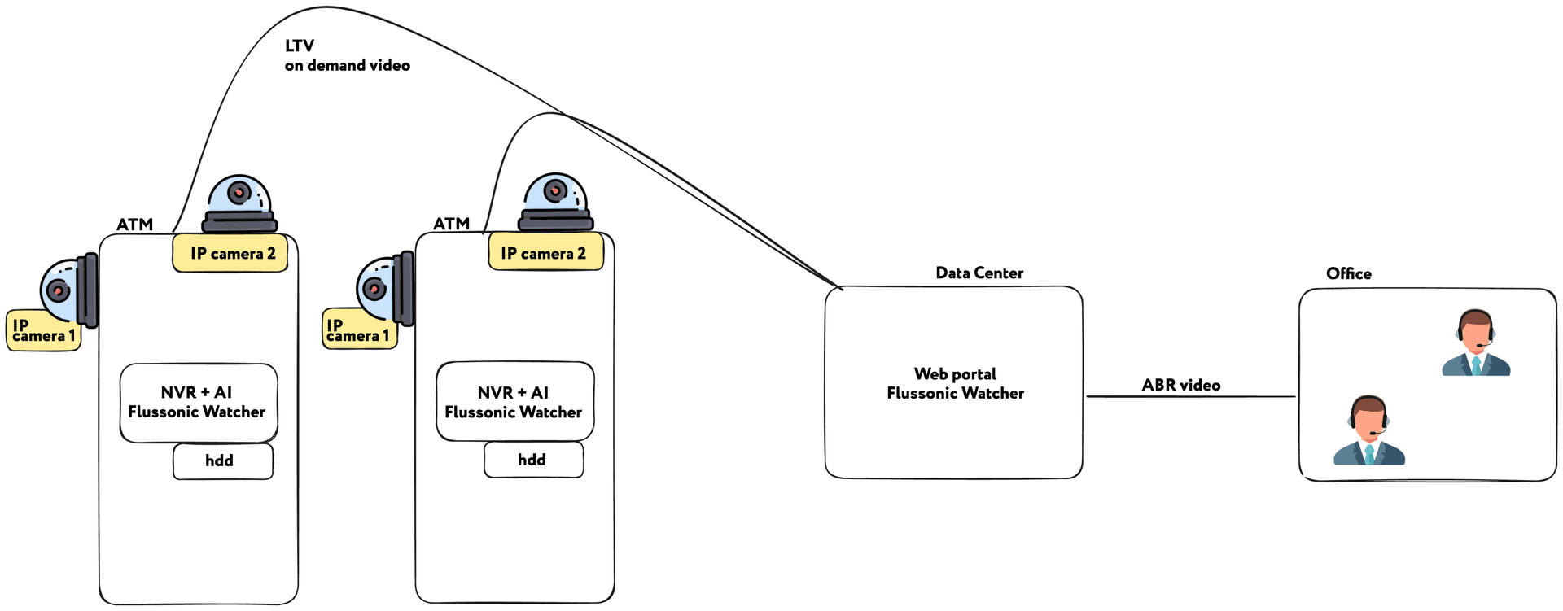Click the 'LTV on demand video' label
click(346, 55)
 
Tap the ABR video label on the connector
click(1180, 385)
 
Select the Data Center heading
click(979, 273)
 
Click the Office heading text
click(1348, 274)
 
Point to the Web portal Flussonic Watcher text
click(955, 383)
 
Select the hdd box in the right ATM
click(533, 460)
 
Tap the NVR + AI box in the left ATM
click(198, 403)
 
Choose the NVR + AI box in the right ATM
click(514, 402)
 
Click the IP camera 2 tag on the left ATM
click(230, 253)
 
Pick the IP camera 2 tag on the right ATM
click(545, 253)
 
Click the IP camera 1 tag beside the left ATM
click(43, 331)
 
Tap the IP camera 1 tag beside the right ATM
click(358, 330)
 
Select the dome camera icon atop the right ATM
click(555, 202)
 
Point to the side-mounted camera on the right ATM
click(384, 289)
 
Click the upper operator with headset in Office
click(1475, 344)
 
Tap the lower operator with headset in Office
click(1368, 431)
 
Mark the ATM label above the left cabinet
click(134, 225)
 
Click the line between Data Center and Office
click(1190, 397)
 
